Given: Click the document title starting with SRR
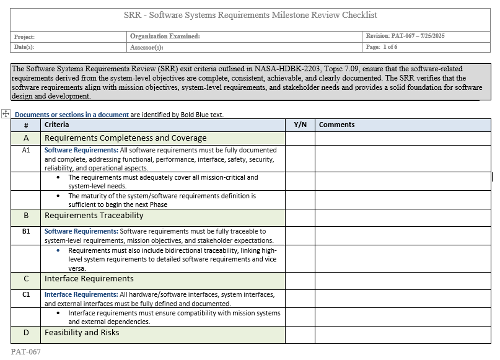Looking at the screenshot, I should click(x=250, y=15).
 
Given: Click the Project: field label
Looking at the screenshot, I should click(x=25, y=37).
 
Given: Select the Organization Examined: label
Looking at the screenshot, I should click(x=165, y=37).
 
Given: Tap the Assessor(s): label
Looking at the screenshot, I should click(x=147, y=47).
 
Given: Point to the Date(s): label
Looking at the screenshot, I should click(x=24, y=47).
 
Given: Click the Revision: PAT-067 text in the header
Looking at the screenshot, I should click(x=405, y=37).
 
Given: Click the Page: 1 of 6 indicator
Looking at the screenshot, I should click(x=382, y=47).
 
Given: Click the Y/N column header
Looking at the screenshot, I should click(x=300, y=125).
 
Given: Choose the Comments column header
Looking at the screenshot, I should click(x=336, y=125).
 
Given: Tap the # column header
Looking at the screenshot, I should click(x=26, y=125).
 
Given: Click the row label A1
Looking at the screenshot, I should click(x=26, y=150).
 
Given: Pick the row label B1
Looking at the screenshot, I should click(x=26, y=231).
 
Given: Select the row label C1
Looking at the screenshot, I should click(x=26, y=294).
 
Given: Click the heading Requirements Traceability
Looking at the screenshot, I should click(x=94, y=216).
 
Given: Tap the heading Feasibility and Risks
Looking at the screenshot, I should click(x=82, y=333).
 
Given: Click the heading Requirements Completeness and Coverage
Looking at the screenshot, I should click(x=125, y=138).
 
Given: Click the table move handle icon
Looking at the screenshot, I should click(x=6, y=113).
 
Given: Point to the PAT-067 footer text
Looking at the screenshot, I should click(x=26, y=351).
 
